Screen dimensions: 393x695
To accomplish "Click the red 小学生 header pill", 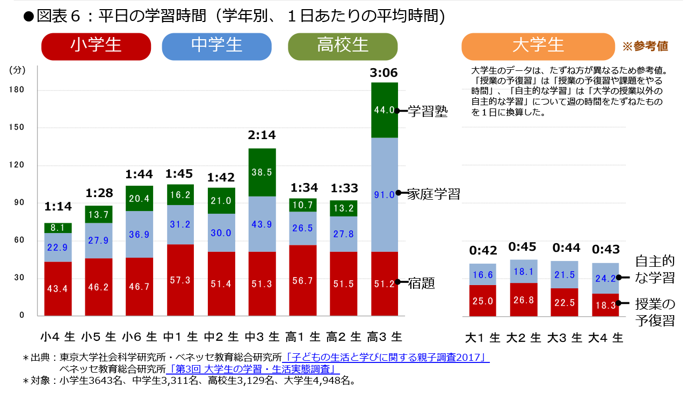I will tap(96, 46).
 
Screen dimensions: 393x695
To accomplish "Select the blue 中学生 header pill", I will tap(216, 46).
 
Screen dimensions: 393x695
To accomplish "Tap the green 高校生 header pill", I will tap(343, 46).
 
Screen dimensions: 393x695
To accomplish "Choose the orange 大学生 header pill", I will tap(538, 46).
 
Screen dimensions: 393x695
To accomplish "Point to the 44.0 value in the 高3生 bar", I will tap(384, 110).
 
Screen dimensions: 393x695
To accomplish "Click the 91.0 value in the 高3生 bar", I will tap(384, 194).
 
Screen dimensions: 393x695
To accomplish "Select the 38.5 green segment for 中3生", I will tap(262, 172).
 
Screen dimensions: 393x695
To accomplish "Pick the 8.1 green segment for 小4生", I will tap(57, 228).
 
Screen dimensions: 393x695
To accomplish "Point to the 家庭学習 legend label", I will tap(433, 193).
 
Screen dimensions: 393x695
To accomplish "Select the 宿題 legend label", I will tap(422, 282).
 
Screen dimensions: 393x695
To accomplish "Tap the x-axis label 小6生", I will tap(139, 337).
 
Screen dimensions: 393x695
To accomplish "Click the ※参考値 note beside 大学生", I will tap(645, 46).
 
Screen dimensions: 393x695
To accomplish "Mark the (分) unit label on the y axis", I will tap(17, 69).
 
